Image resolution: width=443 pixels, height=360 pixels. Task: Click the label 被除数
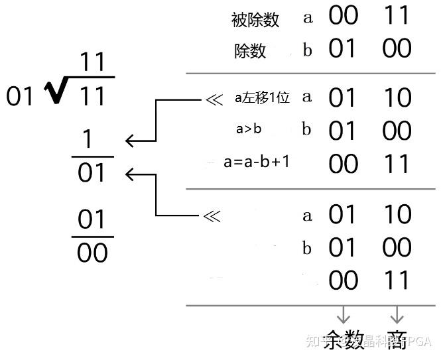click(255, 19)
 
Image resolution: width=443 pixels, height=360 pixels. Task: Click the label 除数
click(250, 51)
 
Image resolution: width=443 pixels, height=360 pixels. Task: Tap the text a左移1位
click(262, 99)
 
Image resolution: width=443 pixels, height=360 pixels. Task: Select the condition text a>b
click(249, 129)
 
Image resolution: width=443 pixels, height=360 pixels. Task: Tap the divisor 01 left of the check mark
click(20, 97)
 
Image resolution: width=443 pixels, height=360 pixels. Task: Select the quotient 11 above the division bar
click(93, 63)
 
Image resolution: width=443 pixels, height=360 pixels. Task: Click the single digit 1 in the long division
click(87, 140)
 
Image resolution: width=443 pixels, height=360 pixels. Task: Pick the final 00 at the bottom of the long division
click(92, 253)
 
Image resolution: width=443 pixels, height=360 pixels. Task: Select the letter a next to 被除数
click(308, 18)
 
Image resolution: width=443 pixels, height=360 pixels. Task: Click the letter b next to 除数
click(307, 50)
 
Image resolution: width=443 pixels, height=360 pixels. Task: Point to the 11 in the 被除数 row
click(397, 17)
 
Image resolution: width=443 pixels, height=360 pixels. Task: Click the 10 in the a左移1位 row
click(397, 98)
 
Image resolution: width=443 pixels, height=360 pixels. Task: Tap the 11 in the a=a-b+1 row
click(397, 163)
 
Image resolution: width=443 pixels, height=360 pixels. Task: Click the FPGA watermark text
click(418, 342)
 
